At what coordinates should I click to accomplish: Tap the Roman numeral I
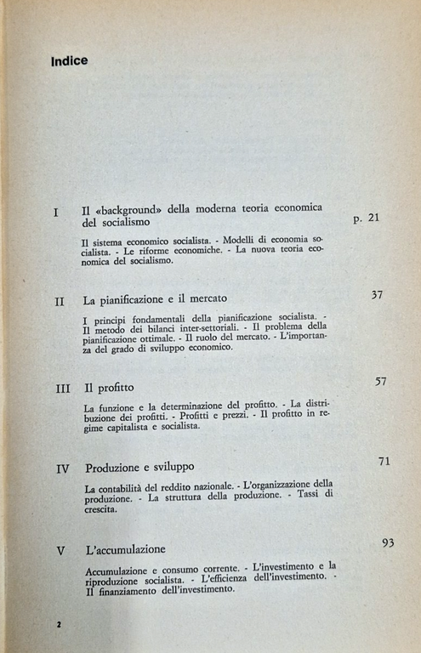(56, 213)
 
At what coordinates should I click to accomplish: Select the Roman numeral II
(60, 301)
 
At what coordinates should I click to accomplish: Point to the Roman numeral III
(63, 388)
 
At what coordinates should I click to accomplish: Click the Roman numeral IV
(62, 468)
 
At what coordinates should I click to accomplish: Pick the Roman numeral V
(60, 549)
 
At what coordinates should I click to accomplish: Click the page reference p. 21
(366, 219)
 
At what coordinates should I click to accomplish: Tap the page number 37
(378, 296)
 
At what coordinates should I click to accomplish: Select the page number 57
(381, 381)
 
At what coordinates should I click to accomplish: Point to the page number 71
(384, 462)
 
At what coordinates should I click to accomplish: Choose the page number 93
(388, 542)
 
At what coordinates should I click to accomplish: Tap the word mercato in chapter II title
(202, 300)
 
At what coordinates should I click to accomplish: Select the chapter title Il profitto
(109, 388)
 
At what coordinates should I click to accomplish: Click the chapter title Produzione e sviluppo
(140, 468)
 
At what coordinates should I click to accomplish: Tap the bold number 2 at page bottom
(59, 625)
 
